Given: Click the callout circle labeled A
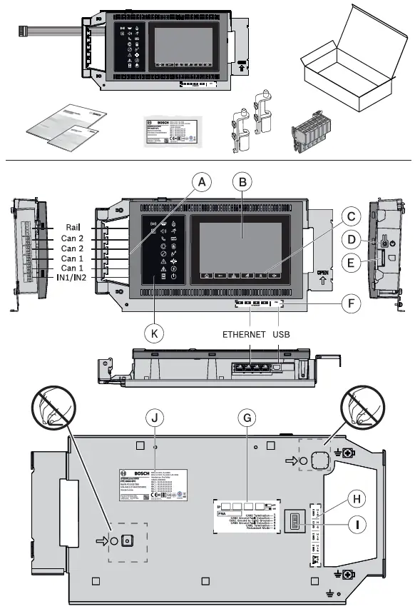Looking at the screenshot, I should pyautogui.click(x=203, y=183).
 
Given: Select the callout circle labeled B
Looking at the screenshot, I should pyautogui.click(x=243, y=183).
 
